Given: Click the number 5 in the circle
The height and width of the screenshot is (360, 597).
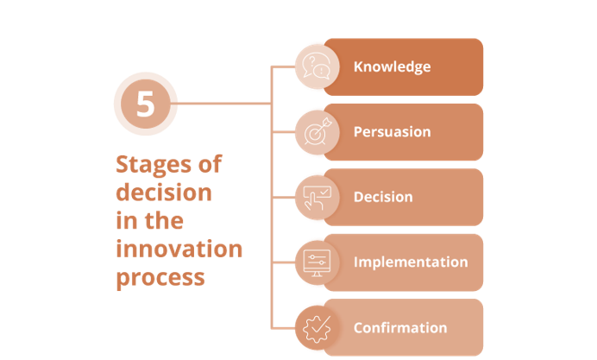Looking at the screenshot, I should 146,104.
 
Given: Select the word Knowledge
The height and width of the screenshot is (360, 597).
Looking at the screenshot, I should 392,66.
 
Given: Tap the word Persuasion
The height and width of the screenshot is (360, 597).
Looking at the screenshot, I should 392,132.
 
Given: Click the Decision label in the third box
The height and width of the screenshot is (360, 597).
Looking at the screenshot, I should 383,197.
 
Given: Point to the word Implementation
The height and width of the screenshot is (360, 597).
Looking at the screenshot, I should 411,262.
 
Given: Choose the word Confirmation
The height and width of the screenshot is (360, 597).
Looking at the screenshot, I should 400,327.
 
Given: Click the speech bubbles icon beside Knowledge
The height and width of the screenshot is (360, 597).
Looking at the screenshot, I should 315,66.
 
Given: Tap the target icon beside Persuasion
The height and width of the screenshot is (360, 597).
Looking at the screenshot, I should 315,132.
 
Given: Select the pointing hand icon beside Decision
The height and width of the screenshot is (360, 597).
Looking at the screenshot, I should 315,197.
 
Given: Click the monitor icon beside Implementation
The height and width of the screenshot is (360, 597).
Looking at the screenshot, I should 315,262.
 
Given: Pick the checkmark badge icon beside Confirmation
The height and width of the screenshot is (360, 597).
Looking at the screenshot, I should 315,327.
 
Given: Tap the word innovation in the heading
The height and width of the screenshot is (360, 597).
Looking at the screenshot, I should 179,249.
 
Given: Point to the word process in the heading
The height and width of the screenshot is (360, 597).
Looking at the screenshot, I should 160,278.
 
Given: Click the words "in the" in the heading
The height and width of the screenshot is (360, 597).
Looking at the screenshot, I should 149,220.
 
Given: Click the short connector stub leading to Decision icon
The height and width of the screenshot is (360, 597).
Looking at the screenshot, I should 283,197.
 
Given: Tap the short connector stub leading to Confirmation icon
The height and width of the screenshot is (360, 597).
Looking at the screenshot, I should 283,327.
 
